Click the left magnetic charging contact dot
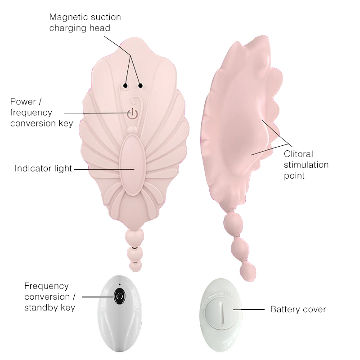(x=126, y=85)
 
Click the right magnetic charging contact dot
(x=140, y=85)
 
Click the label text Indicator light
(x=43, y=168)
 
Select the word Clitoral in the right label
(x=298, y=154)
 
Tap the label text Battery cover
(x=298, y=309)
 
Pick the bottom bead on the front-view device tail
(x=134, y=265)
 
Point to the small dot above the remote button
(x=119, y=284)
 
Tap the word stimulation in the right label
(x=306, y=165)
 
